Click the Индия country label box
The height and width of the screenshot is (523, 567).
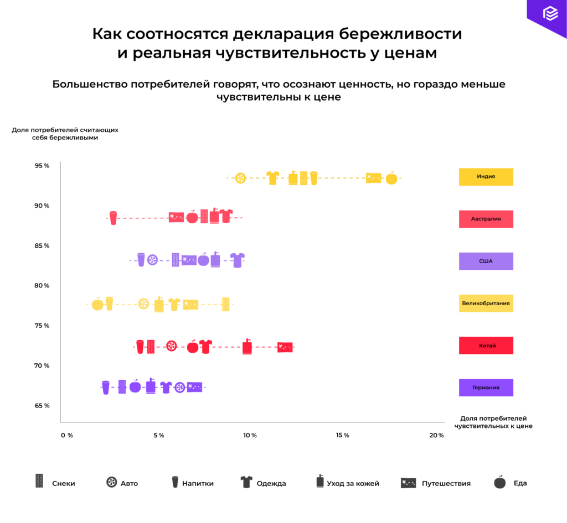(486, 177)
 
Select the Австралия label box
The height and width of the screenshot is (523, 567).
(486, 219)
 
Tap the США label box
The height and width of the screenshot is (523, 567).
(486, 261)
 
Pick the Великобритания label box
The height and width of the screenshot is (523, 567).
(486, 304)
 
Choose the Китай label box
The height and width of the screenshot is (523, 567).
(486, 346)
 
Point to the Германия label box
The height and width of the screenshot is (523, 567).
(486, 388)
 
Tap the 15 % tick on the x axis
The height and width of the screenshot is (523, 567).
(343, 435)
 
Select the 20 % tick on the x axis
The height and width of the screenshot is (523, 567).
(437, 435)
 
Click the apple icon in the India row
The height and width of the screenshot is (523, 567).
(391, 177)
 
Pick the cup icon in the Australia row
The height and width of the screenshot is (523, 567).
(113, 217)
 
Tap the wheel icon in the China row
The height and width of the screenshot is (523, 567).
(172, 346)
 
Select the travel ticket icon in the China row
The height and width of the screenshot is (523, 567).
(285, 347)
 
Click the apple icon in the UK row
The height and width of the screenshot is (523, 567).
(97, 304)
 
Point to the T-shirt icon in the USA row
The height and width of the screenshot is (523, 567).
(237, 260)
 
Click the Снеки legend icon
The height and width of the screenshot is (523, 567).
(39, 482)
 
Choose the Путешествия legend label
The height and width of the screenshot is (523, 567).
(446, 483)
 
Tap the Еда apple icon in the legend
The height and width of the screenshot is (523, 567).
(500, 482)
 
